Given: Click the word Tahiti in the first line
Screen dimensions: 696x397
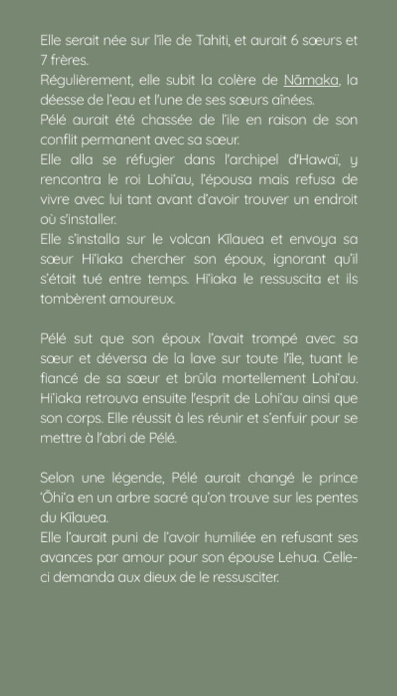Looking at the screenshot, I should coord(212,42).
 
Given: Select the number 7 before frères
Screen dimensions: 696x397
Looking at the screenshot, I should coord(43,61).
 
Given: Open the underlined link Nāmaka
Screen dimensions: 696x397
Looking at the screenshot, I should coord(311,80).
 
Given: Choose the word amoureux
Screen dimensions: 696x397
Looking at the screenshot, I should coord(149,299).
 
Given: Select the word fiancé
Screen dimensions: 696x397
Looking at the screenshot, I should coord(58,378).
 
